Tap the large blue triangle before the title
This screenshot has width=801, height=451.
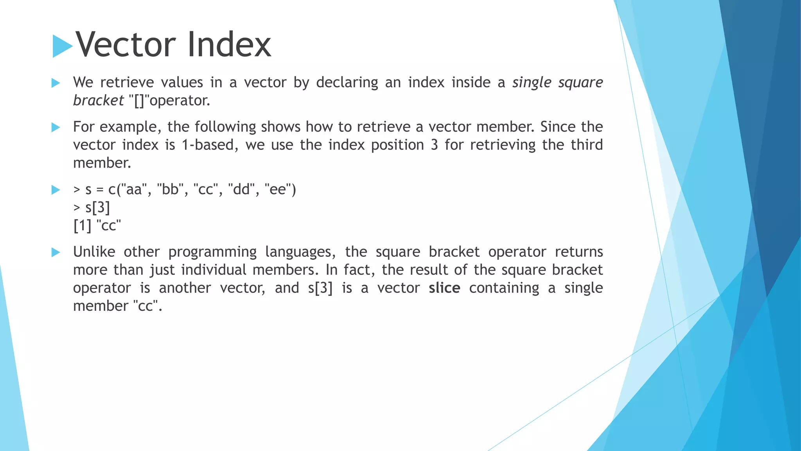(62, 46)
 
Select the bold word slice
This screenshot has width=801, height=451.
(444, 288)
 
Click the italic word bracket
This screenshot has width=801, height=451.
(98, 101)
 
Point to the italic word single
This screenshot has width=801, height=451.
(532, 83)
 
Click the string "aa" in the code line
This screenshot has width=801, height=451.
(134, 189)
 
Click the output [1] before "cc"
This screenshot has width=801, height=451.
(82, 225)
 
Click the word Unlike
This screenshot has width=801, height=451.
(94, 252)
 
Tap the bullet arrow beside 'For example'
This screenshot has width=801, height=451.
(56, 127)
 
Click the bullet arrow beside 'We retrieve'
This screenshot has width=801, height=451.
(56, 83)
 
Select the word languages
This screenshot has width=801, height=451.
(300, 252)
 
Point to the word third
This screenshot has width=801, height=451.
(586, 145)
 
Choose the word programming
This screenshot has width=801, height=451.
(212, 252)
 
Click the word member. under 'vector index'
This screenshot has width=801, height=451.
(102, 163)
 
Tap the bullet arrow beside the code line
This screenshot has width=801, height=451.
(56, 190)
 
